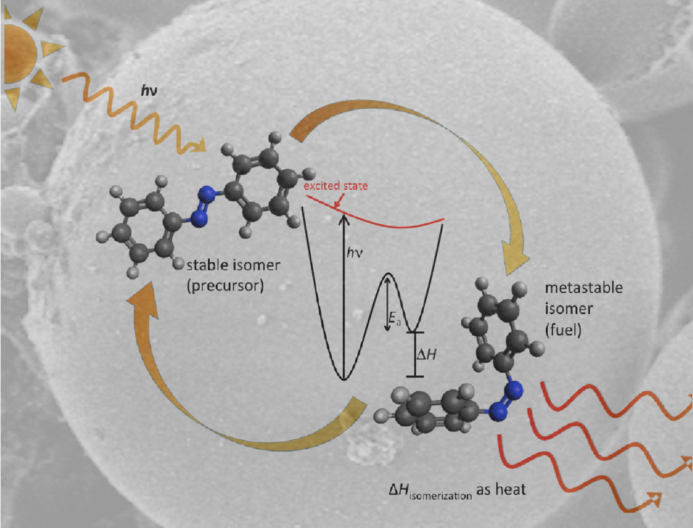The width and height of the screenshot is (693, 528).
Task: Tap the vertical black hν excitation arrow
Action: click(x=344, y=291)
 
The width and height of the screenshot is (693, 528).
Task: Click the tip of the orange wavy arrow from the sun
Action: click(x=204, y=148)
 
